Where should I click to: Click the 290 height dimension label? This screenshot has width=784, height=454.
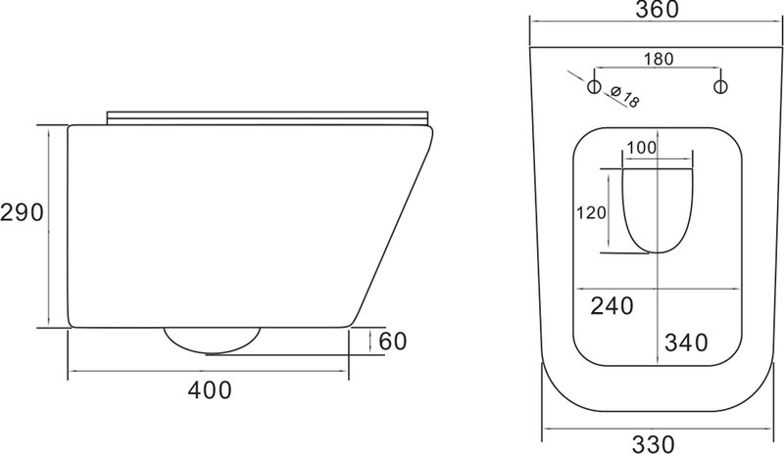coord(22,212)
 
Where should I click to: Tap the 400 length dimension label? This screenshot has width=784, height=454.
coord(210,390)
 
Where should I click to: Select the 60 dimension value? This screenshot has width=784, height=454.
coord(393,341)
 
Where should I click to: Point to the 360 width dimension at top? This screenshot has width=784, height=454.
coord(657,10)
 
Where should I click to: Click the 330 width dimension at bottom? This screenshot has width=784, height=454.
coord(654,444)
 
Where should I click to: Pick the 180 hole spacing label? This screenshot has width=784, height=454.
coord(659,60)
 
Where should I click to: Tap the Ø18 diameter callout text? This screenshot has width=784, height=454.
coord(625,98)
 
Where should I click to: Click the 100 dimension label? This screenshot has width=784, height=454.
coord(641,148)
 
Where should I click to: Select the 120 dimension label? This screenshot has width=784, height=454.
coord(591,213)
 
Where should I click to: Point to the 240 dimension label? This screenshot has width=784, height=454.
coord(612,305)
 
